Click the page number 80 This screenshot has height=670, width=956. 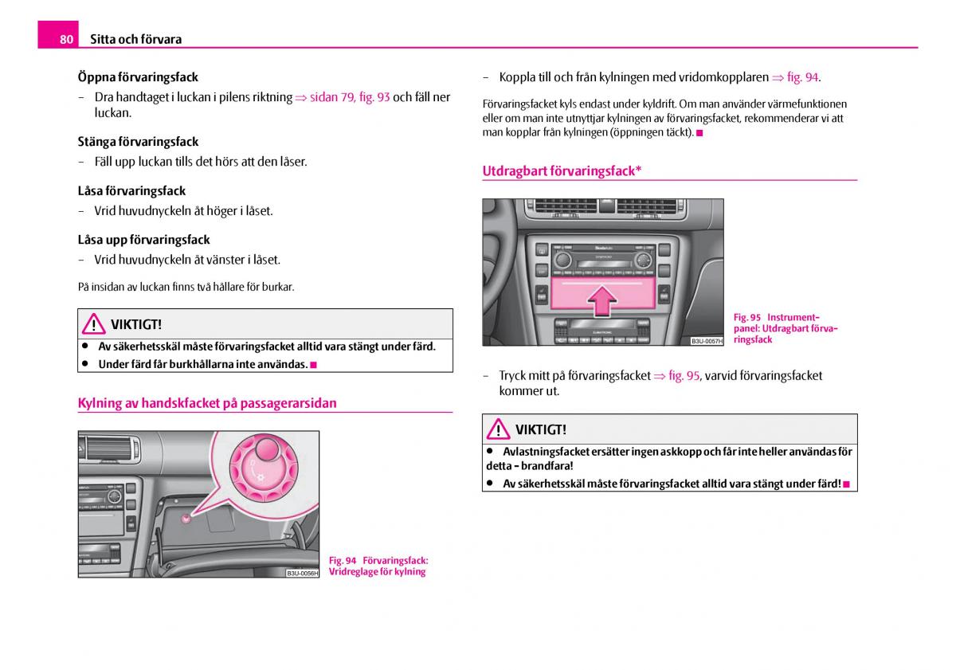coord(65,39)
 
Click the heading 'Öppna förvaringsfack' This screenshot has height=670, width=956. coord(138,77)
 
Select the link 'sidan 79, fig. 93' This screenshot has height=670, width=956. coord(350,97)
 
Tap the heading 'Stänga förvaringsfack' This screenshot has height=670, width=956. coord(138,142)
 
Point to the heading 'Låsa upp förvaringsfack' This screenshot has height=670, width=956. coord(143,240)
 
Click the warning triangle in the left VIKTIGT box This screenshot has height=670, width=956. coord(93,324)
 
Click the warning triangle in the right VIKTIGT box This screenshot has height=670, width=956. coord(498,429)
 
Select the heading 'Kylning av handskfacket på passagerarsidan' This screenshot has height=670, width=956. coord(207,403)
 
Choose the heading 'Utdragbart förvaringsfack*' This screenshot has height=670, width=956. coord(562,170)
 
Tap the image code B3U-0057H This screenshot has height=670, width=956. coord(706,341)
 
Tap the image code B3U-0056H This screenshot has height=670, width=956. coord(302,573)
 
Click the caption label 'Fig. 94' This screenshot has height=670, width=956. coord(343,560)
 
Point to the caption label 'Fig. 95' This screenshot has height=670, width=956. coord(747,317)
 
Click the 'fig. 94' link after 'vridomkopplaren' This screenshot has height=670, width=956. coord(802,77)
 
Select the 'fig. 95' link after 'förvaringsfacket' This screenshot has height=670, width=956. coord(684,375)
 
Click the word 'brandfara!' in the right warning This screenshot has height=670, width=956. coord(547,466)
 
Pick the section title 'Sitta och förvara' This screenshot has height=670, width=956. coord(135,39)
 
